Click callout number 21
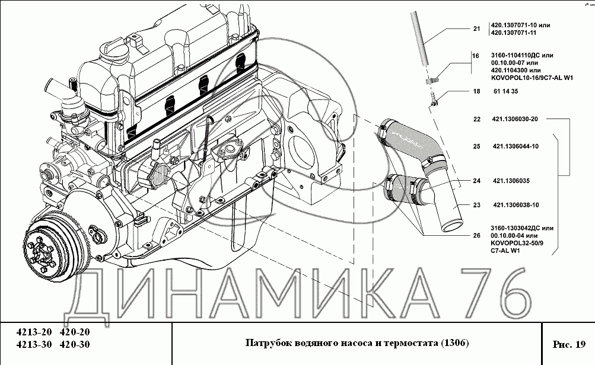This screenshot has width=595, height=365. coord(476,28)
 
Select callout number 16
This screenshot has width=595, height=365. coord(475,56)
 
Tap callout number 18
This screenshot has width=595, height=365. coord(476,91)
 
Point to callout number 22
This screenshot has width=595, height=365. coord(476,119)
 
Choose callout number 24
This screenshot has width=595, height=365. coord(476,181)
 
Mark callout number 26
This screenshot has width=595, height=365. coord(476,235)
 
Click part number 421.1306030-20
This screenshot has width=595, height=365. coord(514,119)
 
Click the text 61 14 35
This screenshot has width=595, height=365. coord(505,91)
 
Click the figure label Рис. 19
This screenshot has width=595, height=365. coord(568,344)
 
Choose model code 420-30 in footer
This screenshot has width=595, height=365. coord(75,345)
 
